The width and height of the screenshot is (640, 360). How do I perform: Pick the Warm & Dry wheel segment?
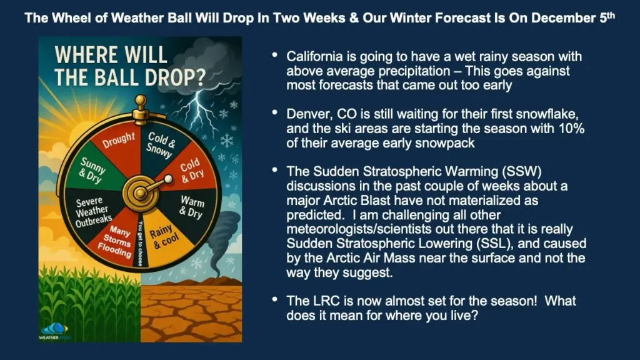[x=191, y=207]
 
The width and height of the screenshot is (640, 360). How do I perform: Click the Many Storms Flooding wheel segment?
[x=115, y=241]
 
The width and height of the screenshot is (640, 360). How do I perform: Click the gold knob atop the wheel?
[x=141, y=100]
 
